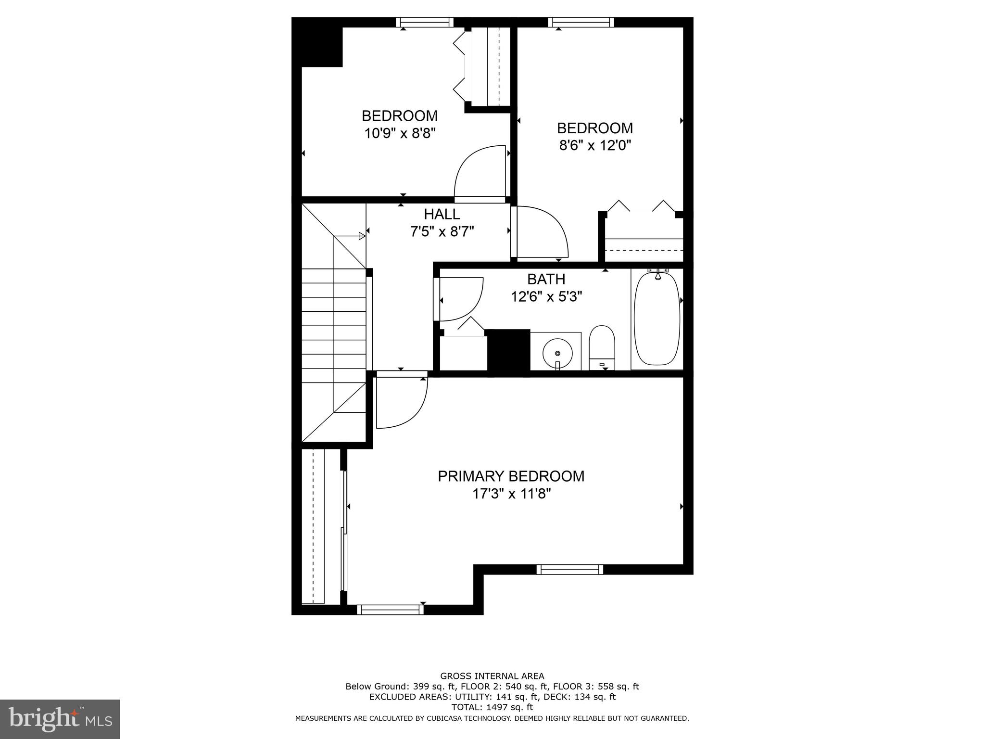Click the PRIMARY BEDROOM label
[511, 476]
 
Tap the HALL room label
[442, 214]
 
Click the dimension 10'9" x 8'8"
[400, 133]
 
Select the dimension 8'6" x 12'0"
[595, 145]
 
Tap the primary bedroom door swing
[400, 402]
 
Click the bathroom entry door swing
[459, 299]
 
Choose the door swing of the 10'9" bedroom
[479, 172]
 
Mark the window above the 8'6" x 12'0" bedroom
[581, 22]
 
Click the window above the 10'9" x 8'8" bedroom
[425, 22]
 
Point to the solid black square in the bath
[508, 350]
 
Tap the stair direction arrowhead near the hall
[362, 236]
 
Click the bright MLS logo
[60, 719]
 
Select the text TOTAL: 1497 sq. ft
[492, 707]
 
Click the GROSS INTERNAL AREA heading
[492, 676]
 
